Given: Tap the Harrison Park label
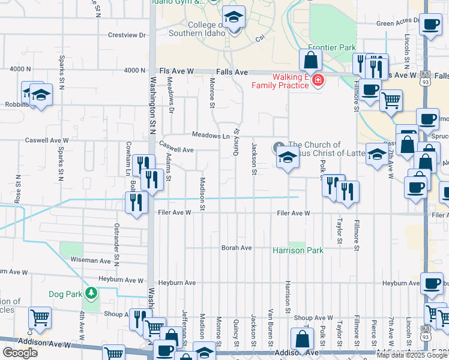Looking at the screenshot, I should [298, 250].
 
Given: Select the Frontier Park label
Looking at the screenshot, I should [332, 47].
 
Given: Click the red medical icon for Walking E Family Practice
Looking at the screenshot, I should [317, 81].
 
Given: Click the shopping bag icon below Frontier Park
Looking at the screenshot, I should [310, 59].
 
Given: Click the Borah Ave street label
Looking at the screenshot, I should [237, 248].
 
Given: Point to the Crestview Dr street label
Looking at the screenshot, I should [127, 35].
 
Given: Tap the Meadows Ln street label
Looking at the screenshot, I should [211, 136].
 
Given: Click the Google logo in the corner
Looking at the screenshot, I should [20, 353].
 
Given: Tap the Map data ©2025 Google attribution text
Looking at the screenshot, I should [412, 355].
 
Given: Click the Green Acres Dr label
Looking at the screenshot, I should [397, 23].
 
